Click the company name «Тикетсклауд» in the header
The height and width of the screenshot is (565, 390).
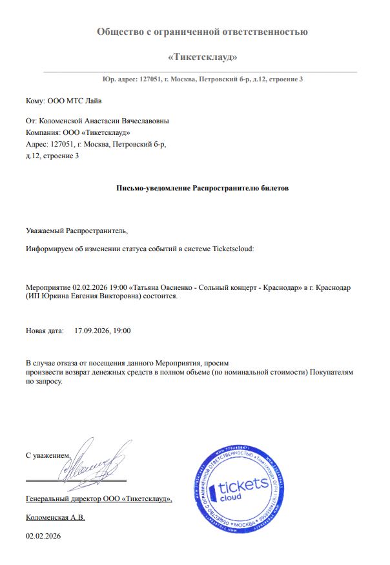202,57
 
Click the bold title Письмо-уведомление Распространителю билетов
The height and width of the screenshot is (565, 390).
203,188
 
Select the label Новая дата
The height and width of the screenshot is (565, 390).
45,331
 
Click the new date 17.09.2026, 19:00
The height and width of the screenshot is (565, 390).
103,331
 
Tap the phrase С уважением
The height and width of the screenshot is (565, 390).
47,455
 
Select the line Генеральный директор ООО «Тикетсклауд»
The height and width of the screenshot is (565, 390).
99,498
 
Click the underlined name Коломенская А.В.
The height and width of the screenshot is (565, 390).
56,517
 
